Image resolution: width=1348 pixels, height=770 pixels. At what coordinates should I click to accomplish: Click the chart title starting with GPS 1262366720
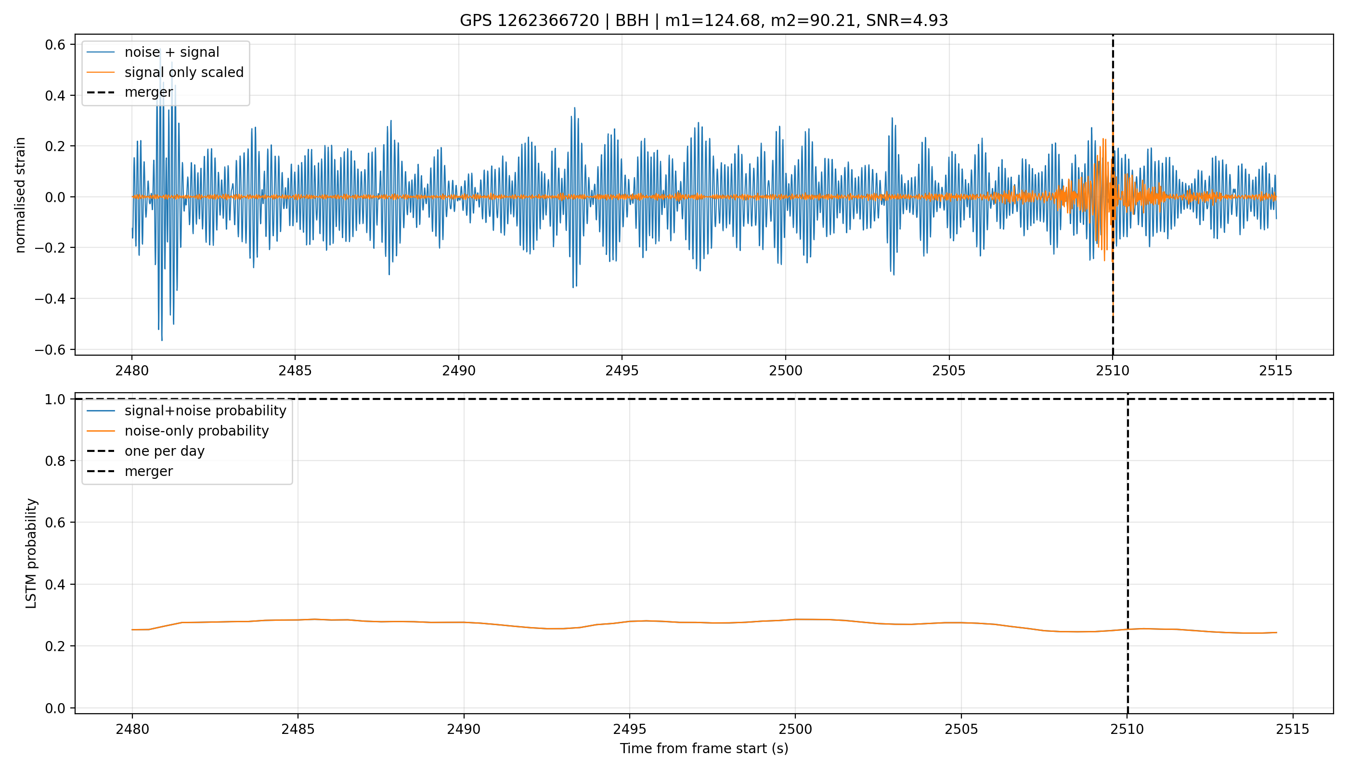(x=704, y=20)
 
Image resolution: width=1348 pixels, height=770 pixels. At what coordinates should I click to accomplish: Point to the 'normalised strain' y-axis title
(x=20, y=195)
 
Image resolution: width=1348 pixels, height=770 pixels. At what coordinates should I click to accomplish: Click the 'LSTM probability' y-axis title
(x=31, y=553)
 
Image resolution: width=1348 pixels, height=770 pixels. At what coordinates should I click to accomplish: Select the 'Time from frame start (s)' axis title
(x=704, y=748)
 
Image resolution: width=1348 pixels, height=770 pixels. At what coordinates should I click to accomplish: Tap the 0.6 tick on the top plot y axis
(x=55, y=44)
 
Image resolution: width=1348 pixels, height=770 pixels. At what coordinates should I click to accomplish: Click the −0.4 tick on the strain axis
(x=50, y=299)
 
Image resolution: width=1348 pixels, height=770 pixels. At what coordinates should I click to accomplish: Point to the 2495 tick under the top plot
(x=622, y=371)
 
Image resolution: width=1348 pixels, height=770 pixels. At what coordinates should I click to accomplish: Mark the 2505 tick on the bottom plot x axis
(x=961, y=729)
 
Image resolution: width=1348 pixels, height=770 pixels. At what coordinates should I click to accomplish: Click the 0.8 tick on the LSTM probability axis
(x=55, y=461)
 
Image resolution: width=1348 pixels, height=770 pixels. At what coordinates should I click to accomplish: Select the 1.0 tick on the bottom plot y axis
(x=55, y=399)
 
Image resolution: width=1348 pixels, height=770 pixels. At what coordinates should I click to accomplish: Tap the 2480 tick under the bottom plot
(x=132, y=729)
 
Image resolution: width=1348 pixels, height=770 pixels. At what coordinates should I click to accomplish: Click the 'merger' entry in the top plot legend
(x=149, y=92)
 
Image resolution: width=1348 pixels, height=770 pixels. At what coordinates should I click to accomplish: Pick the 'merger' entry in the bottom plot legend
(x=149, y=471)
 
